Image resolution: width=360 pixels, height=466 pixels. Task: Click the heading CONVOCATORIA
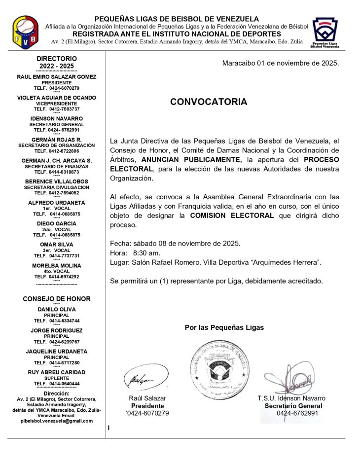tap(209, 102)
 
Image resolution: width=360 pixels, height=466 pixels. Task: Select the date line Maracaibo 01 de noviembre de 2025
tap(280, 63)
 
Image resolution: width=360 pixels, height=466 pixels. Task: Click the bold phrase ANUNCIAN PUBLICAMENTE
tap(191, 159)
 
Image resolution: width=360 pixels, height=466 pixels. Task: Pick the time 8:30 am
tap(146, 252)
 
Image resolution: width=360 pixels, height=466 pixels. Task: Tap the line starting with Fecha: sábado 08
tap(175, 243)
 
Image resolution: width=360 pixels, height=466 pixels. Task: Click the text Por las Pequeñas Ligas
tap(224, 327)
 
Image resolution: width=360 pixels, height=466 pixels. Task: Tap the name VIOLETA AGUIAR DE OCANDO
tap(57, 98)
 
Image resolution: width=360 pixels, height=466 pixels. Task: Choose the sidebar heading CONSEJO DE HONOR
tap(57, 299)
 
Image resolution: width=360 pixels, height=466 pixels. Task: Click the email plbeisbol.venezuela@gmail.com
tap(57, 421)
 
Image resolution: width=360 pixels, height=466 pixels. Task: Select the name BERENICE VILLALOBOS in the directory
tap(57, 181)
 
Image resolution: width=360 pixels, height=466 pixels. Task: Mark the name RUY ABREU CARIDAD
tap(57, 372)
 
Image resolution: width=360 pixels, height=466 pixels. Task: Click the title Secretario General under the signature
tap(293, 406)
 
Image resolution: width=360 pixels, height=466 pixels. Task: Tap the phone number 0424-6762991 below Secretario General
tap(297, 413)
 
